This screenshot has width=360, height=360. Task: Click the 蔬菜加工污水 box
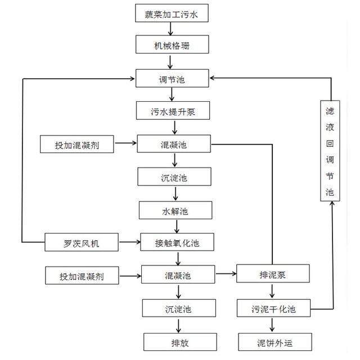click(x=173, y=13)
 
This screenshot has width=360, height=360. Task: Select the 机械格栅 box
click(x=173, y=46)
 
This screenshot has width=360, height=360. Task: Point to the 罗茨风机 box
click(x=82, y=243)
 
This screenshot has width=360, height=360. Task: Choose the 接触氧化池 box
click(x=177, y=243)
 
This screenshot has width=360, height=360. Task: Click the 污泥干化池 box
click(x=273, y=308)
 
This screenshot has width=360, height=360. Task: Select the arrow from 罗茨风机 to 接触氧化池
click(x=129, y=243)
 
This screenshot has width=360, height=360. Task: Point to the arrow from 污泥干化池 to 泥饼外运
click(x=273, y=325)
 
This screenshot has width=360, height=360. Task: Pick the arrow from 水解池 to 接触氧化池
click(x=177, y=226)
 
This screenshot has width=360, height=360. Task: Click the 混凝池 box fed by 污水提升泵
click(x=174, y=144)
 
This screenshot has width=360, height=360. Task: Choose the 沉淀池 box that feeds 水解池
click(x=174, y=177)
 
